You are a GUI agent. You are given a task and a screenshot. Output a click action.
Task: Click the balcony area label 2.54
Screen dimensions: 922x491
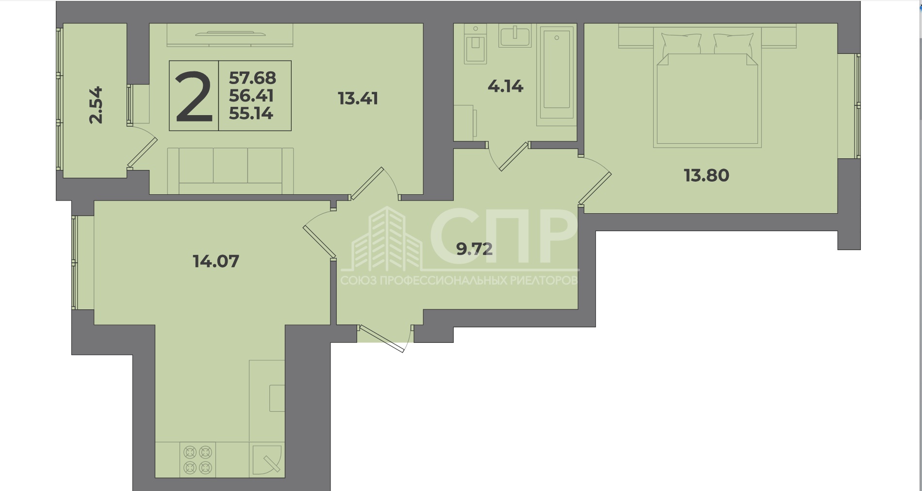click(x=97, y=105)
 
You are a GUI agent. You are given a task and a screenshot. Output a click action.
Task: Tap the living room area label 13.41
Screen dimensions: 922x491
click(x=358, y=99)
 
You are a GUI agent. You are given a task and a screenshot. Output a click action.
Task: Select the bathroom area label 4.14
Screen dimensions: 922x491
click(x=505, y=86)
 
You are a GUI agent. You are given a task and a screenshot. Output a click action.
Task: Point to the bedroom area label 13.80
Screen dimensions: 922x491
click(x=707, y=175)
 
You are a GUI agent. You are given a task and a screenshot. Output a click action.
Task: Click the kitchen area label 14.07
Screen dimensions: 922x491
click(x=216, y=261)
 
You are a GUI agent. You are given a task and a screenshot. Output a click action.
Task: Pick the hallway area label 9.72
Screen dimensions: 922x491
click(x=475, y=249)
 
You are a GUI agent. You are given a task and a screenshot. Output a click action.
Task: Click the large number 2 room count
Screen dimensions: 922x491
click(x=194, y=96)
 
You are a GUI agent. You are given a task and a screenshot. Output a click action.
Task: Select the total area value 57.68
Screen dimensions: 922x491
click(x=252, y=78)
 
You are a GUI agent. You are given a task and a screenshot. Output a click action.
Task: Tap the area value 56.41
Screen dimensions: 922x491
click(x=251, y=96)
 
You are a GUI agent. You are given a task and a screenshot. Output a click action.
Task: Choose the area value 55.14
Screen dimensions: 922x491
click(x=251, y=114)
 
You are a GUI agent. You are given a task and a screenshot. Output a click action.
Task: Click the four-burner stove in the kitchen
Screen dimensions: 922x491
click(x=198, y=460)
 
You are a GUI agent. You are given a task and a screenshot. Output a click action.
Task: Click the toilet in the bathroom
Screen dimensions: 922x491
click(x=476, y=44)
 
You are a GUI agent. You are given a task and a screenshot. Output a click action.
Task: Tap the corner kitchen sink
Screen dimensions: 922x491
click(x=267, y=460)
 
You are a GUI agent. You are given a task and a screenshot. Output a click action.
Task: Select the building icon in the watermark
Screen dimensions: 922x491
click(x=386, y=239)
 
